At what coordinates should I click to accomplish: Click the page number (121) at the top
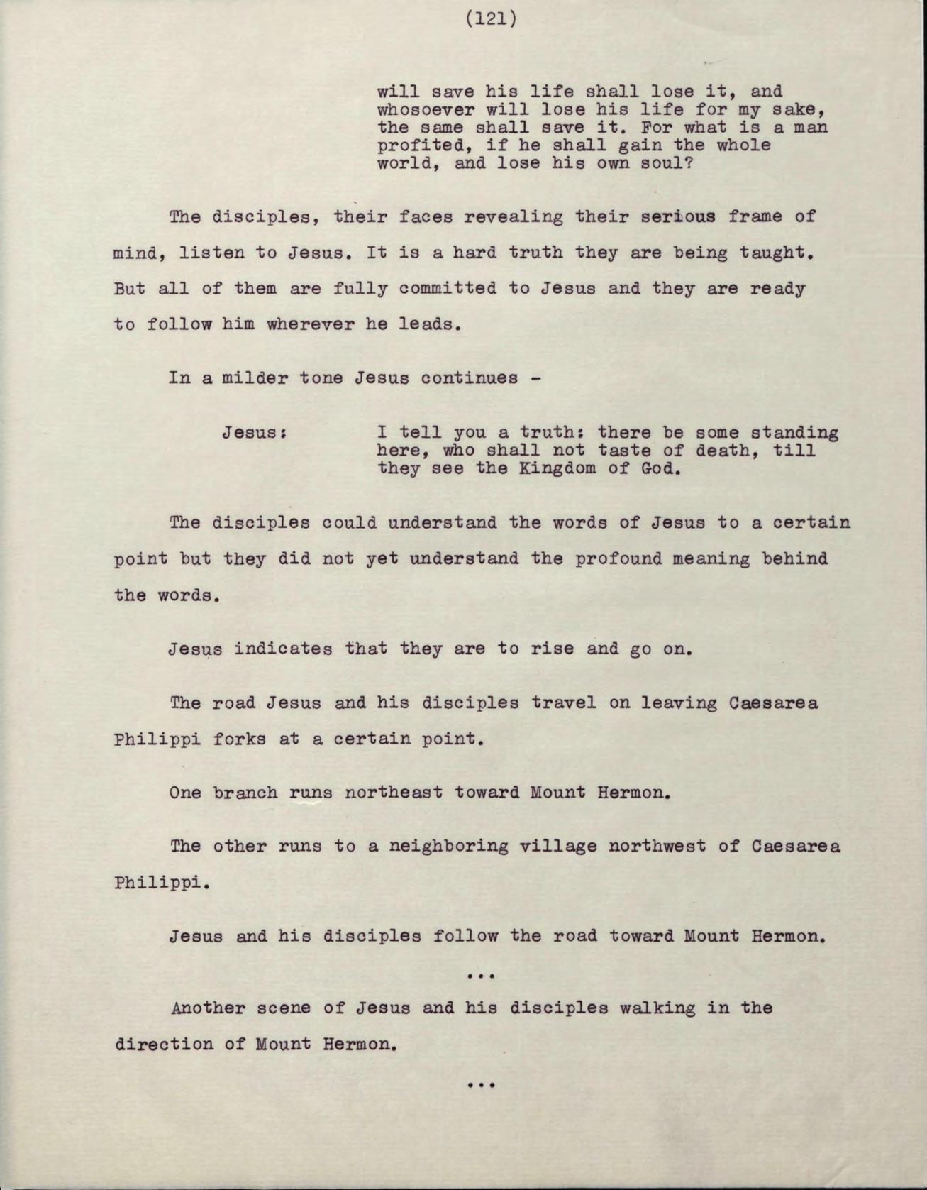pos(491,19)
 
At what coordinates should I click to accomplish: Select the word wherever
pos(311,324)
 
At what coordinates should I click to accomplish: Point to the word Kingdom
pos(557,468)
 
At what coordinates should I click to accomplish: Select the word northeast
pos(393,792)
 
